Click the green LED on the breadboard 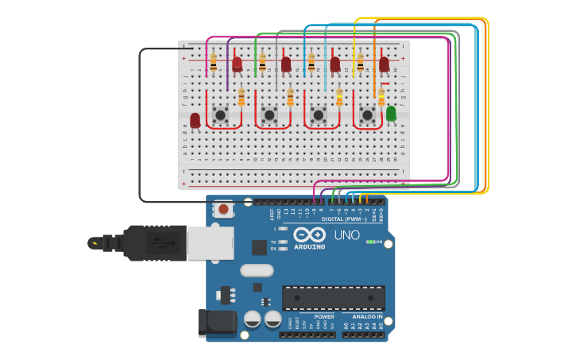(391, 114)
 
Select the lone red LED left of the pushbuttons (195, 120)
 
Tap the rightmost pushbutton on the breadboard (367, 115)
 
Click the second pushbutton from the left (269, 115)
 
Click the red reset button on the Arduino (224, 210)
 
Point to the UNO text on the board (346, 236)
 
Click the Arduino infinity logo (309, 234)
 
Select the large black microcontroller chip (334, 298)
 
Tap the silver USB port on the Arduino (211, 243)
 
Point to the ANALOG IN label (367, 316)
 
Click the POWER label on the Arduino (324, 316)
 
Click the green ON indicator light (370, 242)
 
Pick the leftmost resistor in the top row (213, 61)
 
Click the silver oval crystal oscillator (257, 270)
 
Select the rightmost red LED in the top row (384, 64)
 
